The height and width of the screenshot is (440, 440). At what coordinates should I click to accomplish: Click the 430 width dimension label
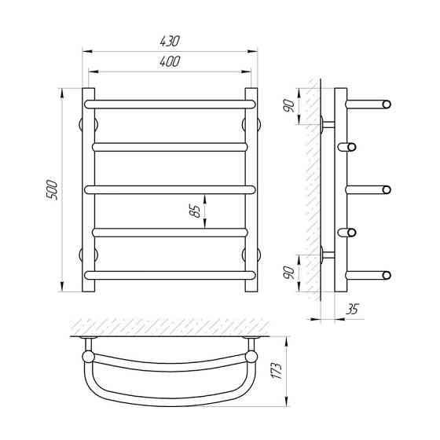click(170, 41)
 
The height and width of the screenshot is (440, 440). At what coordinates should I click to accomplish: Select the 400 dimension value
click(170, 62)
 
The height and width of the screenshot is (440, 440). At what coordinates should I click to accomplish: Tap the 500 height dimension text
click(52, 190)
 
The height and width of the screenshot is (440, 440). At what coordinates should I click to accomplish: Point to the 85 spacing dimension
click(195, 211)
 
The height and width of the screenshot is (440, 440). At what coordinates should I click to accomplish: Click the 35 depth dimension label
click(352, 309)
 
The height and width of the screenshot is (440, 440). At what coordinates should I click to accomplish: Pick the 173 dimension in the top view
click(277, 371)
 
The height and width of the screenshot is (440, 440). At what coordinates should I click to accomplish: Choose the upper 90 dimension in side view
click(289, 106)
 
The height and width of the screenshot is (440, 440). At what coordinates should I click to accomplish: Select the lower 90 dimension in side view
click(289, 273)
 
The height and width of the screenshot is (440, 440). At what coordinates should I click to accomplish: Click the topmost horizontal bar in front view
click(170, 104)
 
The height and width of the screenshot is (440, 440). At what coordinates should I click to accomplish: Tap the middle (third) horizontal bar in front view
click(170, 190)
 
